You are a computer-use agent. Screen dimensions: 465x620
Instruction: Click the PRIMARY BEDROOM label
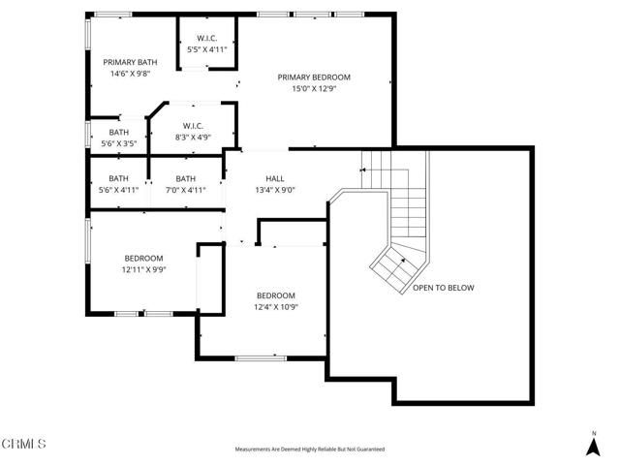click(314, 77)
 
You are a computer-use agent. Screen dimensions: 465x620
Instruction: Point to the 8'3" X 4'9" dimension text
click(193, 138)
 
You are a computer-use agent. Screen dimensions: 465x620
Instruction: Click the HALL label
click(274, 178)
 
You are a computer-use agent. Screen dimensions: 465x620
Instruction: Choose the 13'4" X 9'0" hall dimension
click(274, 190)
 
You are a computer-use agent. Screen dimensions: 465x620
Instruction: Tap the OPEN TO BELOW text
click(444, 288)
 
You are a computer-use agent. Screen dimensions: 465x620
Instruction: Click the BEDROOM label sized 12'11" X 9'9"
click(143, 258)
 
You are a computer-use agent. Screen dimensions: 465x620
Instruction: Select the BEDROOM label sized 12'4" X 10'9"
click(276, 295)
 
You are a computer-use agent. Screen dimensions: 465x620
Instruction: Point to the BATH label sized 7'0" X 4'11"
click(186, 178)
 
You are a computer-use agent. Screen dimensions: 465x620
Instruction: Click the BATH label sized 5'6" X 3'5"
click(118, 133)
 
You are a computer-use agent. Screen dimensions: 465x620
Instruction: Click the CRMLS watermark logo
click(24, 445)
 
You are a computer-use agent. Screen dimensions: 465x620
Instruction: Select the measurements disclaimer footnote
click(310, 449)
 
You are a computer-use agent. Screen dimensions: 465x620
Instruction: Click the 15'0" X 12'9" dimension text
click(314, 89)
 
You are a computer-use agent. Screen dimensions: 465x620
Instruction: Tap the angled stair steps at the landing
click(391, 263)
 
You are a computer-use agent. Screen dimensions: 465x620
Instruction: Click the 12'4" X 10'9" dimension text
click(276, 307)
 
